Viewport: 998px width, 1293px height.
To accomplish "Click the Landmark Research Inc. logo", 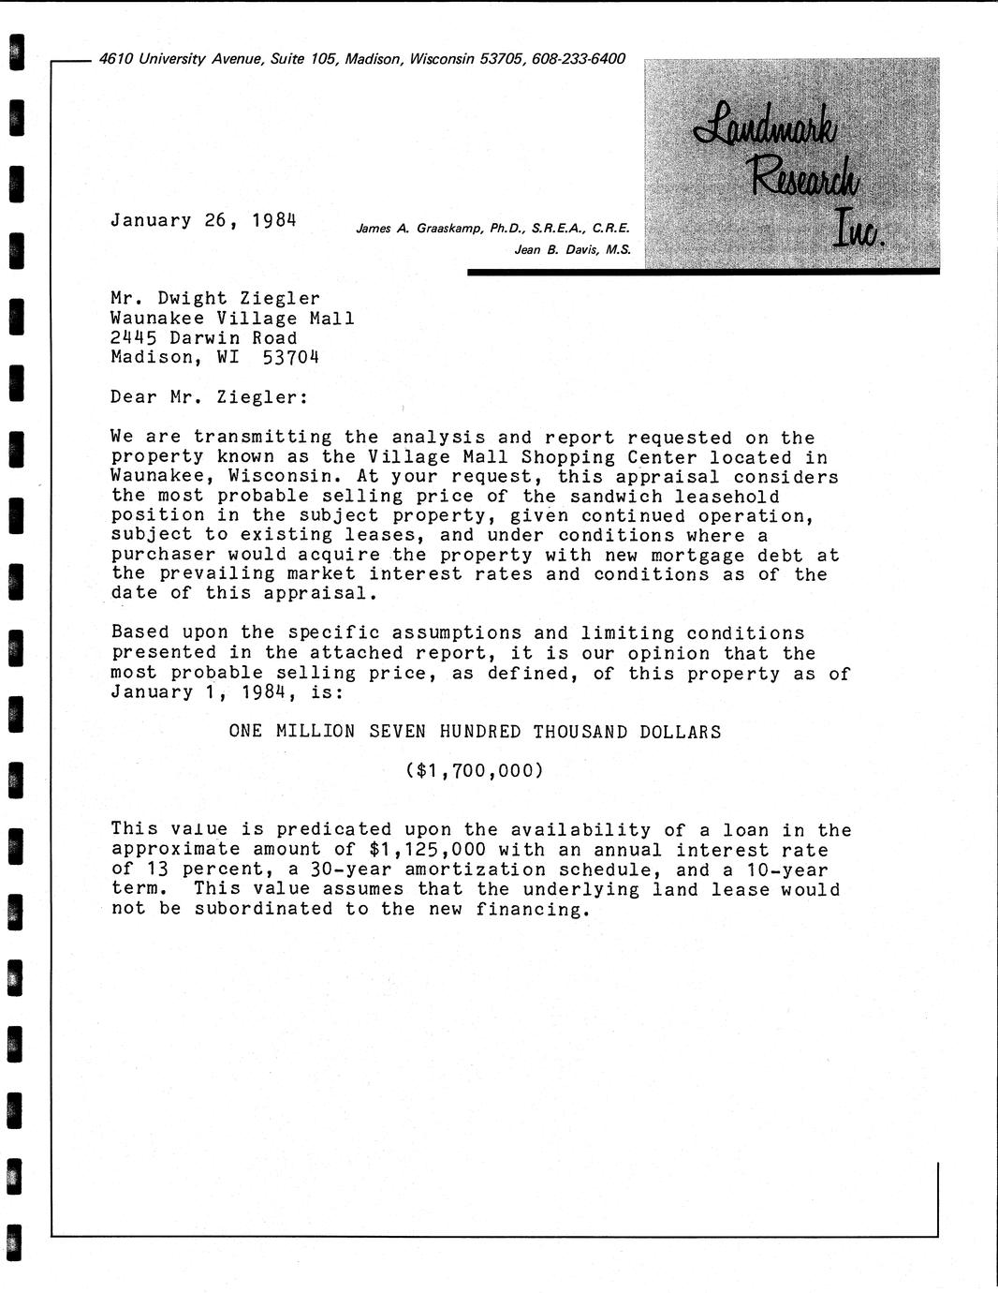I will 791,165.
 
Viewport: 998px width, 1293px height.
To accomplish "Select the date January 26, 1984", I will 203,221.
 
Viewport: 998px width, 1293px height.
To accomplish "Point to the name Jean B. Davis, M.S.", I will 572,250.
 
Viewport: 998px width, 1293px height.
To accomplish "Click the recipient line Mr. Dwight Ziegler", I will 215,299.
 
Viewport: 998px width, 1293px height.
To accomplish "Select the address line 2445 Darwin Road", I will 204,338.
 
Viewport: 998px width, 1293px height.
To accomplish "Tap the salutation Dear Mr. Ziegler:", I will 209,397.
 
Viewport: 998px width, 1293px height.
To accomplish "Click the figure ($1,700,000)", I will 475,771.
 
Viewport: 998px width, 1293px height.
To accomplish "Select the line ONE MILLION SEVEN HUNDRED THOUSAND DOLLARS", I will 475,732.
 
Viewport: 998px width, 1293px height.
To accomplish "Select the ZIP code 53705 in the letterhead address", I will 503,59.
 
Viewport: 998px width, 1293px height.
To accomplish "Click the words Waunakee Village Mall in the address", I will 232,319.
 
